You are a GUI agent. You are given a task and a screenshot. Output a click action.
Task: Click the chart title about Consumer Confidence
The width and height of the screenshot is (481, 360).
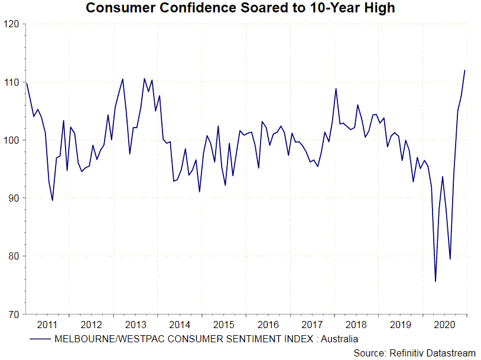click(x=240, y=8)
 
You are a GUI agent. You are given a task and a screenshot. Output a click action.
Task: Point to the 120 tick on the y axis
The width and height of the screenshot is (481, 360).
click(x=11, y=24)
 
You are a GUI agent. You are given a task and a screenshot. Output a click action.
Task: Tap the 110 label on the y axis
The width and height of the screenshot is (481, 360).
click(x=11, y=82)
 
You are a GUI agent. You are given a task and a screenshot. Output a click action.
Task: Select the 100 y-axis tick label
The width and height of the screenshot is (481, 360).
click(x=11, y=140)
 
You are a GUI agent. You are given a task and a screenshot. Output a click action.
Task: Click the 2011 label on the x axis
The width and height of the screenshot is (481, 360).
click(x=47, y=325)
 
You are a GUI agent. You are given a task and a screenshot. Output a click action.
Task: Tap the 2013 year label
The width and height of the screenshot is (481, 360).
click(x=135, y=325)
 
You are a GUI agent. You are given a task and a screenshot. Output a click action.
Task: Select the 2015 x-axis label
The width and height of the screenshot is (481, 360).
click(x=224, y=325)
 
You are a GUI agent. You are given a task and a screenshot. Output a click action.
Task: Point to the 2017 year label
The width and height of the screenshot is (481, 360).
click(x=313, y=325)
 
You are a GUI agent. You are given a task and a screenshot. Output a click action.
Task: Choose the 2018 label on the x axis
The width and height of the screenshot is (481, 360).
click(x=357, y=325)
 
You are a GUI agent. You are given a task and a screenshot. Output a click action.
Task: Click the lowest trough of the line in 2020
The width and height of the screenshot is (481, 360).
click(x=435, y=281)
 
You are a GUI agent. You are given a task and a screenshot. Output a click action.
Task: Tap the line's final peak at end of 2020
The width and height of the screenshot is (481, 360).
click(x=465, y=70)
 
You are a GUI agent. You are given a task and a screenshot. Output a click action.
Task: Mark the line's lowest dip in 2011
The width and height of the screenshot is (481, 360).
click(x=53, y=200)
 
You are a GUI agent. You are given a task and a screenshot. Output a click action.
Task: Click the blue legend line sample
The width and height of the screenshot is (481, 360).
click(x=40, y=339)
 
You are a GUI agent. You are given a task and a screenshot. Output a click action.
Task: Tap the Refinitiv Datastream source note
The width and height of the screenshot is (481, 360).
click(x=414, y=353)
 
